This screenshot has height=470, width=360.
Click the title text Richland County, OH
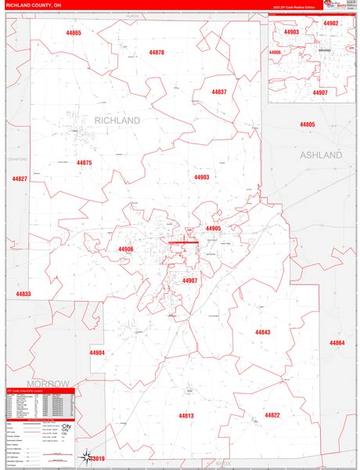pyautogui.click(x=33, y=5)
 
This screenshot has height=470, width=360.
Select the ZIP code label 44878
pyautogui.click(x=157, y=52)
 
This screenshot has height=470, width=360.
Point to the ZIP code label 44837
pyautogui.click(x=219, y=92)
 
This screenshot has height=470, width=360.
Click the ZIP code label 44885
pyautogui.click(x=307, y=125)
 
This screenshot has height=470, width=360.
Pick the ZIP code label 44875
pyautogui.click(x=85, y=162)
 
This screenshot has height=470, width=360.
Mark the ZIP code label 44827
pyautogui.click(x=20, y=179)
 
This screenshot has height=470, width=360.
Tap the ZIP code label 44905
pyautogui.click(x=214, y=229)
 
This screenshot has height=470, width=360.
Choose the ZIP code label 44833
pyautogui.click(x=23, y=294)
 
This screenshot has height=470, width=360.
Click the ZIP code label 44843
pyautogui.click(x=262, y=332)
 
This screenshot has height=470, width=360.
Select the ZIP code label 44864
pyautogui.click(x=337, y=343)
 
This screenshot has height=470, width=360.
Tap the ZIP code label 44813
pyautogui.click(x=185, y=415)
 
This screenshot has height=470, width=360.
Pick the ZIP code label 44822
pyautogui.click(x=272, y=415)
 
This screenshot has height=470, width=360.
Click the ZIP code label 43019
pyautogui.click(x=97, y=458)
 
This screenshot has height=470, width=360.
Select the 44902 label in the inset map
pyautogui.click(x=331, y=23)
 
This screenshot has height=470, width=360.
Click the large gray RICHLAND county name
pyautogui.click(x=117, y=121)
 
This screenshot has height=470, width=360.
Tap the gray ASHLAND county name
pyautogui.click(x=321, y=155)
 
